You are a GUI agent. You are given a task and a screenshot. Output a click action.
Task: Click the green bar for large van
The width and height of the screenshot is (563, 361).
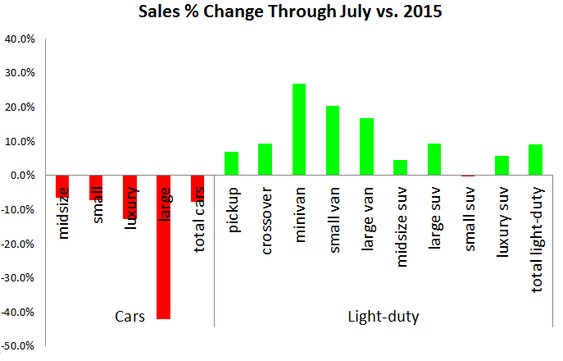(x=366, y=147)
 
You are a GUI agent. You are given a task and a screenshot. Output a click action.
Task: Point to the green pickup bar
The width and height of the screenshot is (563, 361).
(x=231, y=163)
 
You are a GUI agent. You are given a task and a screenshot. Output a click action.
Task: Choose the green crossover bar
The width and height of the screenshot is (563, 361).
(x=265, y=159)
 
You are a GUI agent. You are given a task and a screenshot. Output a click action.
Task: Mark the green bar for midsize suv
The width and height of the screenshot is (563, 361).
(x=401, y=167)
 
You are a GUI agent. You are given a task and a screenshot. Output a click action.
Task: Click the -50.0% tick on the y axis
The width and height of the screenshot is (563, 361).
(x=18, y=346)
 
